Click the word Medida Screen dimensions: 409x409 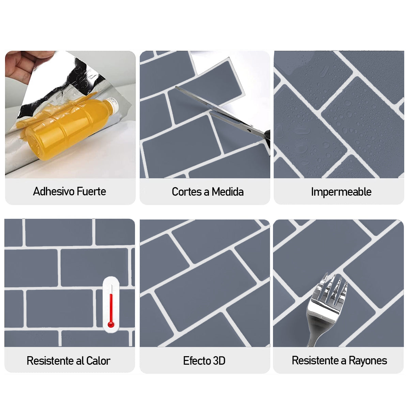[228, 192]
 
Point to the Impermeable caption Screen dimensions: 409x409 [341, 192]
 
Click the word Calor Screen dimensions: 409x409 [98, 360]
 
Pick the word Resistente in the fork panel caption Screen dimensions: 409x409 [315, 360]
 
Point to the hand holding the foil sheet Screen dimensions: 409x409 [20, 65]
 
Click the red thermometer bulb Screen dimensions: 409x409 [111, 324]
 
